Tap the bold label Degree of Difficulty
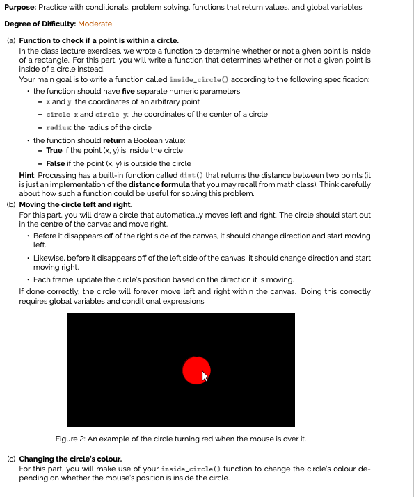(40, 24)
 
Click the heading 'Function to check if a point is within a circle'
(99, 41)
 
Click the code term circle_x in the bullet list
(59, 115)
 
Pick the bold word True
(54, 150)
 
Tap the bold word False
(56, 163)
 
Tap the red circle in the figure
(194, 370)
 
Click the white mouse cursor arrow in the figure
(205, 377)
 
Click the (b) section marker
(10, 206)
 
